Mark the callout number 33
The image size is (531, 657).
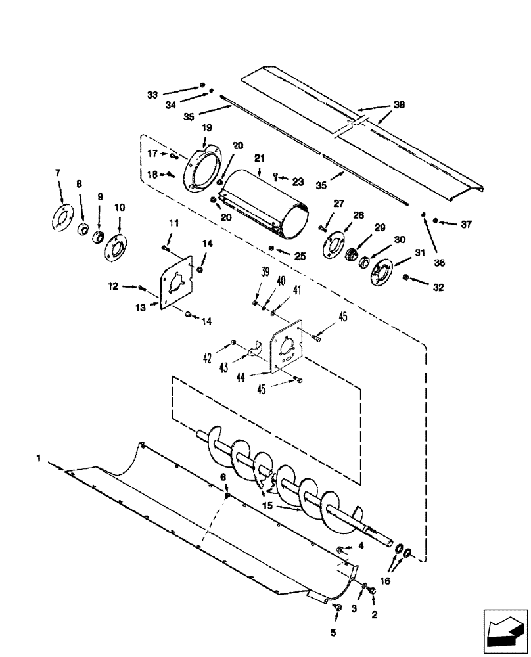click(152, 95)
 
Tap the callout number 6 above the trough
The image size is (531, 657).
click(223, 476)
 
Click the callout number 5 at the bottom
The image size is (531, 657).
click(333, 633)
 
